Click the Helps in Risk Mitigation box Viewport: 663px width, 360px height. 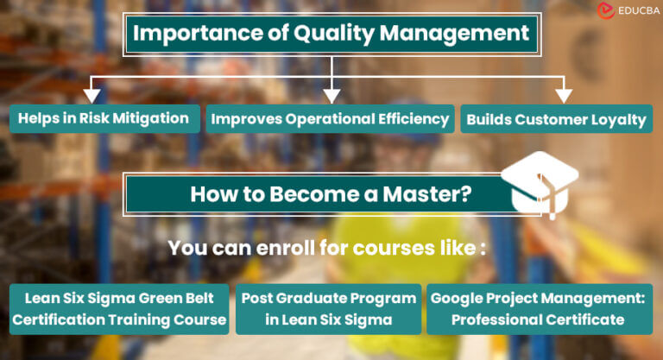point(103,118)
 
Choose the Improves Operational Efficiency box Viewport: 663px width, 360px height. point(329,119)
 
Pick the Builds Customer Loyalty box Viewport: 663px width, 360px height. point(557,119)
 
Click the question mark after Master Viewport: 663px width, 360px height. point(466,193)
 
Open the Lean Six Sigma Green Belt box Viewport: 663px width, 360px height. point(120,308)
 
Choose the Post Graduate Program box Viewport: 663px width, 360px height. point(328,308)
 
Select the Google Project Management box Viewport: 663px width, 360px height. point(540,308)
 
